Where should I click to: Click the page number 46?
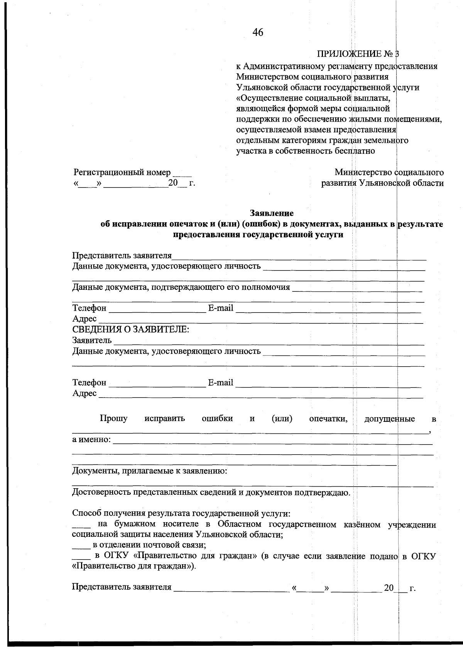click(258, 33)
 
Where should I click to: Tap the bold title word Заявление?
click(272, 213)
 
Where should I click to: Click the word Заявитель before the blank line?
click(92, 340)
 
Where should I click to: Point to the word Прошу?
click(113, 419)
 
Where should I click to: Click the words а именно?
click(91, 440)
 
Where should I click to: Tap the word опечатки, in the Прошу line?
click(328, 419)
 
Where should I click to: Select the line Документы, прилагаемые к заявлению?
click(150, 471)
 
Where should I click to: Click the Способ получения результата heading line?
click(181, 514)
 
